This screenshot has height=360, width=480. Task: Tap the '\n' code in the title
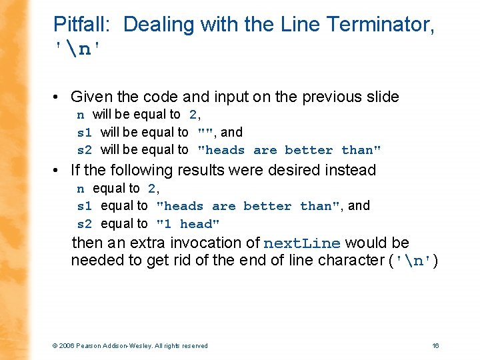79,49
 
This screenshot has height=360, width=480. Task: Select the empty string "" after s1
204,133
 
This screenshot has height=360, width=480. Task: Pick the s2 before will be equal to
85,150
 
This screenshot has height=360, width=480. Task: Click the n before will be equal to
81,115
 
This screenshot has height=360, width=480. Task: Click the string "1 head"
187,224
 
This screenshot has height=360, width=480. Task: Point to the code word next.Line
302,243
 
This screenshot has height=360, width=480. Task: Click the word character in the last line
346,260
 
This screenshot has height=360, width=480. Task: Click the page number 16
435,345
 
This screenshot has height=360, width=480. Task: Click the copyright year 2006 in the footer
66,345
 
